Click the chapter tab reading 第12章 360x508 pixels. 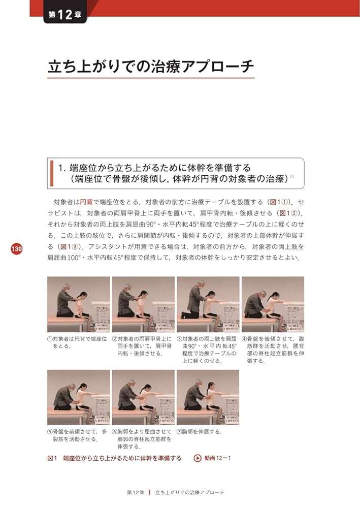click(66, 15)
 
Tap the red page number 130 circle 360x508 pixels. click(16, 249)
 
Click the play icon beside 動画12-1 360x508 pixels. click(197, 458)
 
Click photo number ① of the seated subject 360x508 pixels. click(78, 304)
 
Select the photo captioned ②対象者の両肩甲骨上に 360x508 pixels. click(143, 304)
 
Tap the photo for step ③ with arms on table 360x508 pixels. click(208, 304)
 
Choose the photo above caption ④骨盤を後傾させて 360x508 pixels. click(273, 304)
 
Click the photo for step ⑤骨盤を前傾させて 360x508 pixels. click(78, 397)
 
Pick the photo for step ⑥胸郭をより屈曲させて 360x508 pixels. click(143, 397)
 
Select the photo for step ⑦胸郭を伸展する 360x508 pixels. click(208, 397)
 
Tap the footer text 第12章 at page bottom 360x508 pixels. click(136, 493)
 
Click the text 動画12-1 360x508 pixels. click(218, 458)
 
